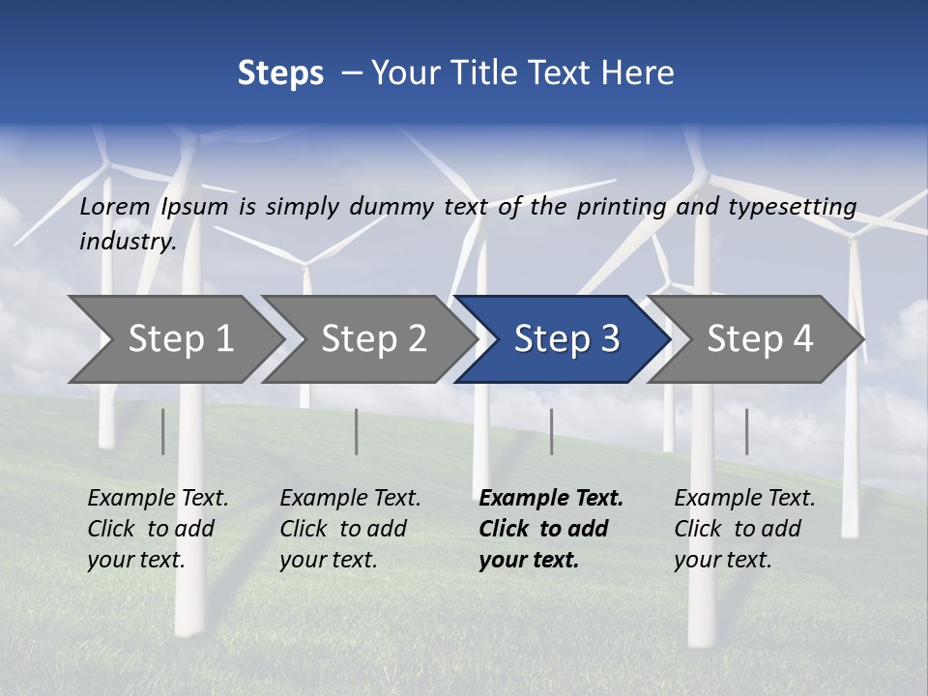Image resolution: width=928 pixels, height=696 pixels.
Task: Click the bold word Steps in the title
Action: pyautogui.click(x=280, y=73)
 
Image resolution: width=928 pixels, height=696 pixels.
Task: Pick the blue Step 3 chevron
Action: pyautogui.click(x=566, y=338)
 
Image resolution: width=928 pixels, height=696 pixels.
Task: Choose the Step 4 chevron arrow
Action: pyautogui.click(x=760, y=338)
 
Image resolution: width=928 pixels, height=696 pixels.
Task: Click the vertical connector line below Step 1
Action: pyautogui.click(x=163, y=431)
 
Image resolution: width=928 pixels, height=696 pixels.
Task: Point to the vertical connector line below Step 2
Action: pyautogui.click(x=357, y=431)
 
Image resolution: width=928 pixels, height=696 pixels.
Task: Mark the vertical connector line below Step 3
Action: pyautogui.click(x=551, y=431)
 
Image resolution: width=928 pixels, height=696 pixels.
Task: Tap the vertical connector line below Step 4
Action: pyautogui.click(x=746, y=431)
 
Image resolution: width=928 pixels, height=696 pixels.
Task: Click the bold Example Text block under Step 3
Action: pyautogui.click(x=550, y=529)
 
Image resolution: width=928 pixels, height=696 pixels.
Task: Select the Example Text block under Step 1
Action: pyautogui.click(x=158, y=529)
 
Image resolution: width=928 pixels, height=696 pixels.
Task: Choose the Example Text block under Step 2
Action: pyautogui.click(x=350, y=529)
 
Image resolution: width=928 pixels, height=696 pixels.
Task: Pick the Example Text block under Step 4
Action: pyautogui.click(x=744, y=529)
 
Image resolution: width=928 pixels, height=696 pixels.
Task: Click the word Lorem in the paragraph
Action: pyautogui.click(x=115, y=206)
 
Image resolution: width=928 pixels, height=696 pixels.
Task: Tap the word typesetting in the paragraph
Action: pyautogui.click(x=792, y=207)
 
